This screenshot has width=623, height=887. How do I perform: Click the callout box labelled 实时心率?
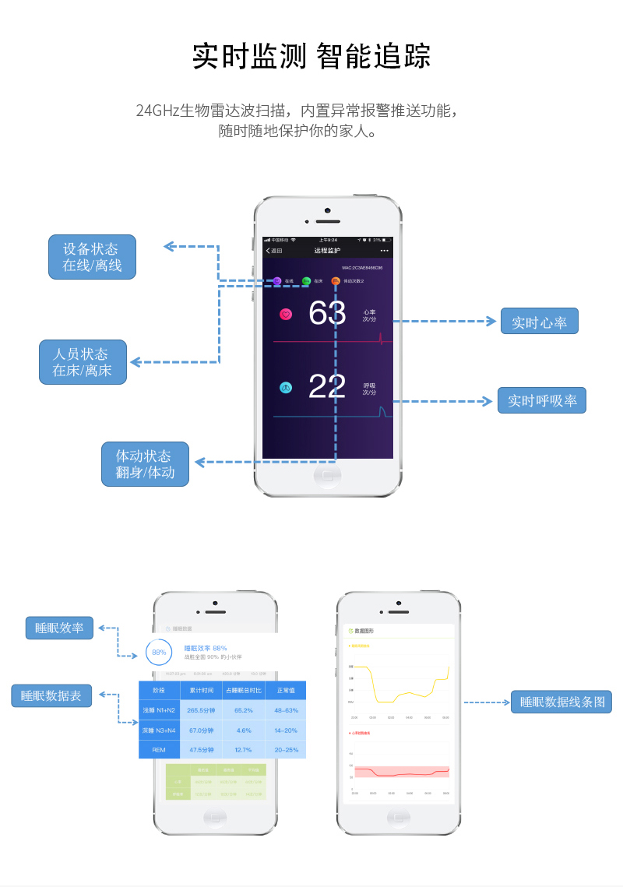click(x=539, y=322)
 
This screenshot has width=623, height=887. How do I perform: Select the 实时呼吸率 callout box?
click(x=542, y=400)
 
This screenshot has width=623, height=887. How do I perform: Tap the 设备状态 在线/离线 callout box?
click(x=92, y=257)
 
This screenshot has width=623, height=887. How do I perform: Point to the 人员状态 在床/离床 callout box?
click(x=82, y=362)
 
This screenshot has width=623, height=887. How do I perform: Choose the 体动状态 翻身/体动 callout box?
click(x=145, y=464)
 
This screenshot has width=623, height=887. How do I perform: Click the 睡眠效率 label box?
click(x=59, y=628)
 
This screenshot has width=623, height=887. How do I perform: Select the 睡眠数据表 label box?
click(x=51, y=695)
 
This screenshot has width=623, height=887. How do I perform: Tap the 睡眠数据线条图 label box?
click(x=561, y=702)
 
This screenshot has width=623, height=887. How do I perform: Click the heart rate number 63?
click(x=327, y=314)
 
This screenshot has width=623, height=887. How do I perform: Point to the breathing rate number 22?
click(x=327, y=387)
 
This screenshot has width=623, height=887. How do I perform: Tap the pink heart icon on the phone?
click(x=286, y=315)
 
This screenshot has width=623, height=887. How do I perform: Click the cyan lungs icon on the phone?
click(x=286, y=387)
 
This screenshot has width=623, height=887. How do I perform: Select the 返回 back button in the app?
click(x=273, y=251)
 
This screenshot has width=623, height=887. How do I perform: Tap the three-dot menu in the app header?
click(x=384, y=251)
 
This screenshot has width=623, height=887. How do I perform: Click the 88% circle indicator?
click(x=159, y=652)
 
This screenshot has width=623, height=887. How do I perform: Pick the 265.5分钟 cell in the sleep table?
click(x=201, y=710)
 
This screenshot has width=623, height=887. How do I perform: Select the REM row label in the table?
click(x=159, y=750)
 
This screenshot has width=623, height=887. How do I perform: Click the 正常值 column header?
click(x=286, y=691)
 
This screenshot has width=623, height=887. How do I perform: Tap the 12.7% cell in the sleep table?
click(x=243, y=750)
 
